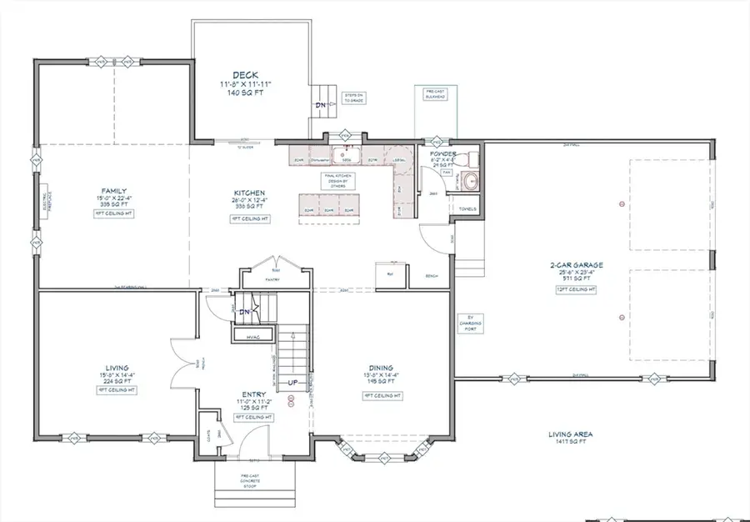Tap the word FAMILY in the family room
click(114, 191)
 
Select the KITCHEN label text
click(249, 193)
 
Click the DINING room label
click(382, 365)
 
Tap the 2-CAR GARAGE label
click(576, 266)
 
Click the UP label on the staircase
click(292, 382)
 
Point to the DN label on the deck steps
click(321, 105)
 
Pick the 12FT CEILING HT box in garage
click(576, 289)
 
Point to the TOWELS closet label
click(457, 221)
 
